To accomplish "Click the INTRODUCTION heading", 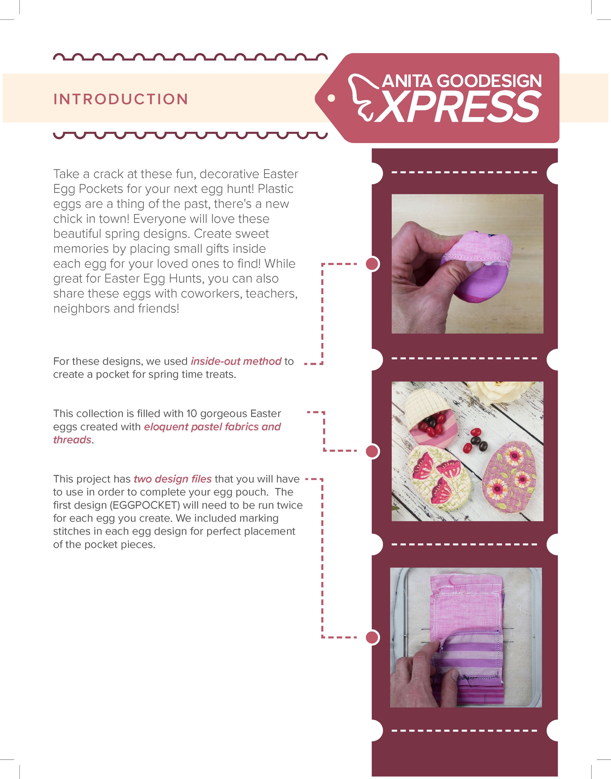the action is pyautogui.click(x=121, y=99).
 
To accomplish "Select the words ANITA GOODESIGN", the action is pyautogui.click(x=462, y=81).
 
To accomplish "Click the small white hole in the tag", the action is pyautogui.click(x=331, y=98).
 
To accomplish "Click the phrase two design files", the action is pyautogui.click(x=172, y=479).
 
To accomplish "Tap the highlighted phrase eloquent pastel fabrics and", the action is pyautogui.click(x=213, y=427).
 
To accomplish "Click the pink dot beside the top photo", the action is pyautogui.click(x=372, y=264).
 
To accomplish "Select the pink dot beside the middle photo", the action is pyautogui.click(x=372, y=451).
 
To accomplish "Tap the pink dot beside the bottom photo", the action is pyautogui.click(x=372, y=637).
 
